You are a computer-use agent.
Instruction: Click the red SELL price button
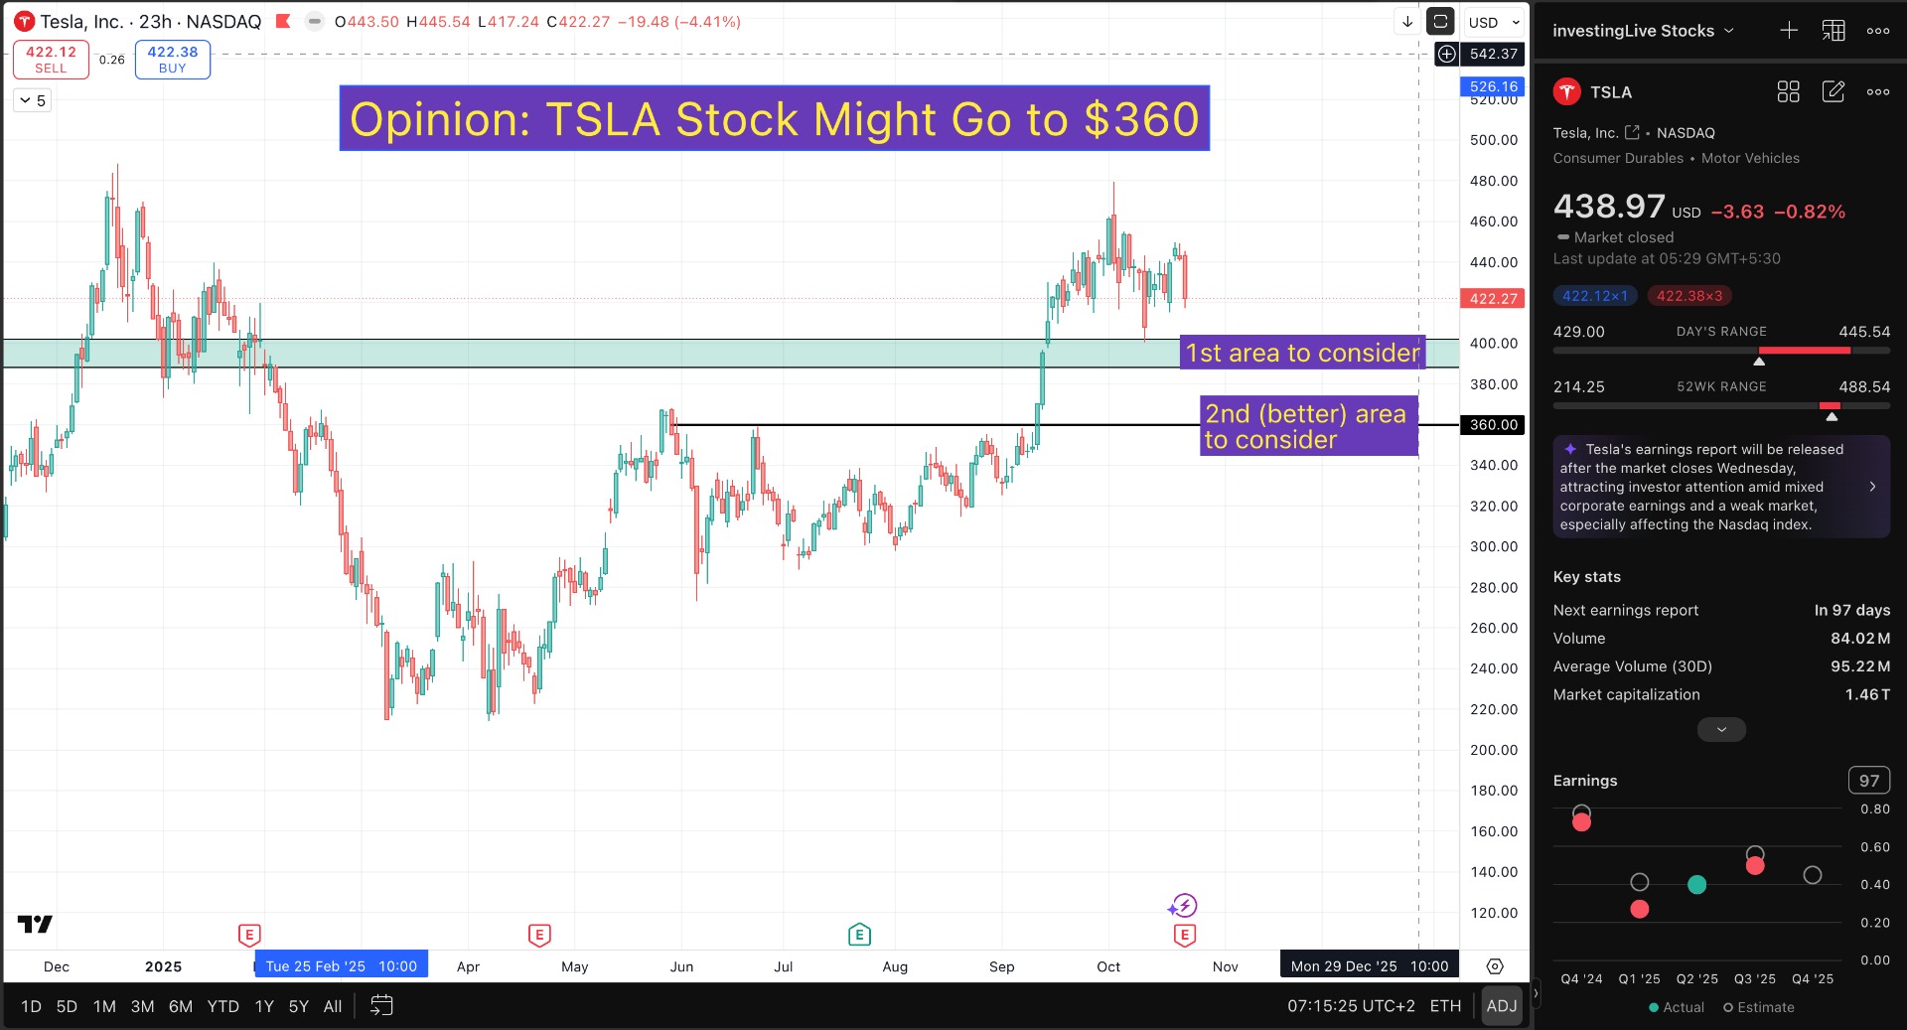51,60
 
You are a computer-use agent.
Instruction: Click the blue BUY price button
172,60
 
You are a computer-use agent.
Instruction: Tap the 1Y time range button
264,1006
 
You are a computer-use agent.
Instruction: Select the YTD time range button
222,1006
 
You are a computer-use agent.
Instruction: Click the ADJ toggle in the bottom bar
1501,1006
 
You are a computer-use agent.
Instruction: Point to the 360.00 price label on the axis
1493,425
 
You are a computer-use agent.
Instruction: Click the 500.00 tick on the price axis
1493,140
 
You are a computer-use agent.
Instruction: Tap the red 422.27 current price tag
1493,298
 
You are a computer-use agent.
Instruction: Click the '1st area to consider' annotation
1302,353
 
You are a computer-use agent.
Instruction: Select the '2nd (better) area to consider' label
1306,426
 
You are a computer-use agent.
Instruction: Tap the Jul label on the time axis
784,966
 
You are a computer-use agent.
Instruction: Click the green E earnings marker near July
859,935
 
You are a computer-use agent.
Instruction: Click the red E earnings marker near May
539,935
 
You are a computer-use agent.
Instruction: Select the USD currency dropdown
1493,22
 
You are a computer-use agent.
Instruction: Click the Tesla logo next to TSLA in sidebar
1567,92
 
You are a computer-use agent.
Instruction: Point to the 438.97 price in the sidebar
1609,207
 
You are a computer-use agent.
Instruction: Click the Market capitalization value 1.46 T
1867,694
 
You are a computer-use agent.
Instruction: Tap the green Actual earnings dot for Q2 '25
1697,884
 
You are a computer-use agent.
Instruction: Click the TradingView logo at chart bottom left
35,925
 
